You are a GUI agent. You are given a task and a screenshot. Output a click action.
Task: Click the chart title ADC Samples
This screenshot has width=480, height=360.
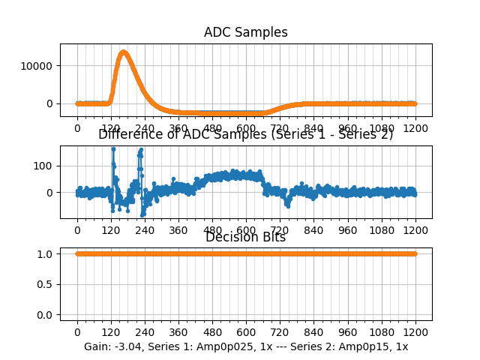click(245, 32)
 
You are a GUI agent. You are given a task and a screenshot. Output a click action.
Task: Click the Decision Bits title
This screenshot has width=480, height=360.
click(245, 237)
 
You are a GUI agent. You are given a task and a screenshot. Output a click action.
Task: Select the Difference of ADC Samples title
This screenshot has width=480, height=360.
click(245, 134)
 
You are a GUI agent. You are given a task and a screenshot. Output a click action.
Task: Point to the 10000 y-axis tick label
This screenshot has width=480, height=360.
click(39, 65)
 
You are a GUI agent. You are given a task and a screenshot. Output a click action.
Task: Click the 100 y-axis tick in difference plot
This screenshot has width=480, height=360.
click(44, 165)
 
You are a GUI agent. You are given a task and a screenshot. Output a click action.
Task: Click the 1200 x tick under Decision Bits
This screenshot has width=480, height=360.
click(415, 332)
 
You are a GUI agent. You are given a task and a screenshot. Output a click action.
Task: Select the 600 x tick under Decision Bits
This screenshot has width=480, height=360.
click(246, 332)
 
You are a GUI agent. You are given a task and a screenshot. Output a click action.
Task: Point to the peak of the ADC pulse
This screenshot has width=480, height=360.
click(124, 52)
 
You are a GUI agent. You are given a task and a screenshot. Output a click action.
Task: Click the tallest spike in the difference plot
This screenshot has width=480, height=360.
click(113, 148)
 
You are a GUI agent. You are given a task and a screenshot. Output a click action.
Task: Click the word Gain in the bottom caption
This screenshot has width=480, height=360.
click(97, 347)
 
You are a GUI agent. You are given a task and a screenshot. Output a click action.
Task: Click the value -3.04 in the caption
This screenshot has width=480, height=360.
click(130, 347)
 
